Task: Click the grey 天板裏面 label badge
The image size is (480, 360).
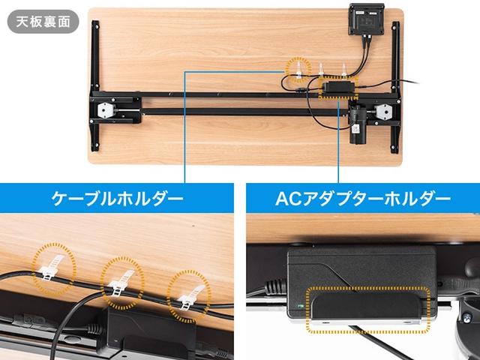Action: pyautogui.click(x=43, y=22)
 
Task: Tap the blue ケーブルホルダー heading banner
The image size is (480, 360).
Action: pyautogui.click(x=117, y=198)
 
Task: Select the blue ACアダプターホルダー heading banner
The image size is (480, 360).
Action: pyautogui.click(x=363, y=198)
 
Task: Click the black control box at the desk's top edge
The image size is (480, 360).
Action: pyautogui.click(x=367, y=19)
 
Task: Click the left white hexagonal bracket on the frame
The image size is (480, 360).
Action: pyautogui.click(x=104, y=109)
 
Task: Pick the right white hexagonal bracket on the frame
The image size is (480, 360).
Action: pyautogui.click(x=383, y=112)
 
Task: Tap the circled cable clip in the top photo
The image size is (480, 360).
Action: pyautogui.click(x=298, y=70)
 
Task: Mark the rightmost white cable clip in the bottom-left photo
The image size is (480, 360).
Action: pyautogui.click(x=190, y=298)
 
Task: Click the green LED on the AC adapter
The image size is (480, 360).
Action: pyautogui.click(x=301, y=306)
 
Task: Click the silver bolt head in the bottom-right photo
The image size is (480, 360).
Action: pyautogui.click(x=466, y=318)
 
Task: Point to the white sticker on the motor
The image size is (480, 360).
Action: pyautogui.click(x=355, y=128)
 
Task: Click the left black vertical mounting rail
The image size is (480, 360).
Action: pyautogui.click(x=95, y=85)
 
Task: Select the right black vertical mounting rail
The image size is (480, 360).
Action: pyautogui.click(x=395, y=87)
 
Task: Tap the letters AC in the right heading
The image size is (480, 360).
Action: pyautogui.click(x=286, y=198)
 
